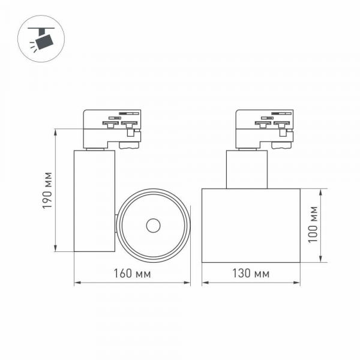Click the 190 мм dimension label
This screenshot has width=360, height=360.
click(49, 190)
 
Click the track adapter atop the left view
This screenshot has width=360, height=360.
click(112, 127)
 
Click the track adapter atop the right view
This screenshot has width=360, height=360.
click(266, 127)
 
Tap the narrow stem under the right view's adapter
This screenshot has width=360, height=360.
click(246, 169)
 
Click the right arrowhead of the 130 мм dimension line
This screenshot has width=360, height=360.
click(298, 283)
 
